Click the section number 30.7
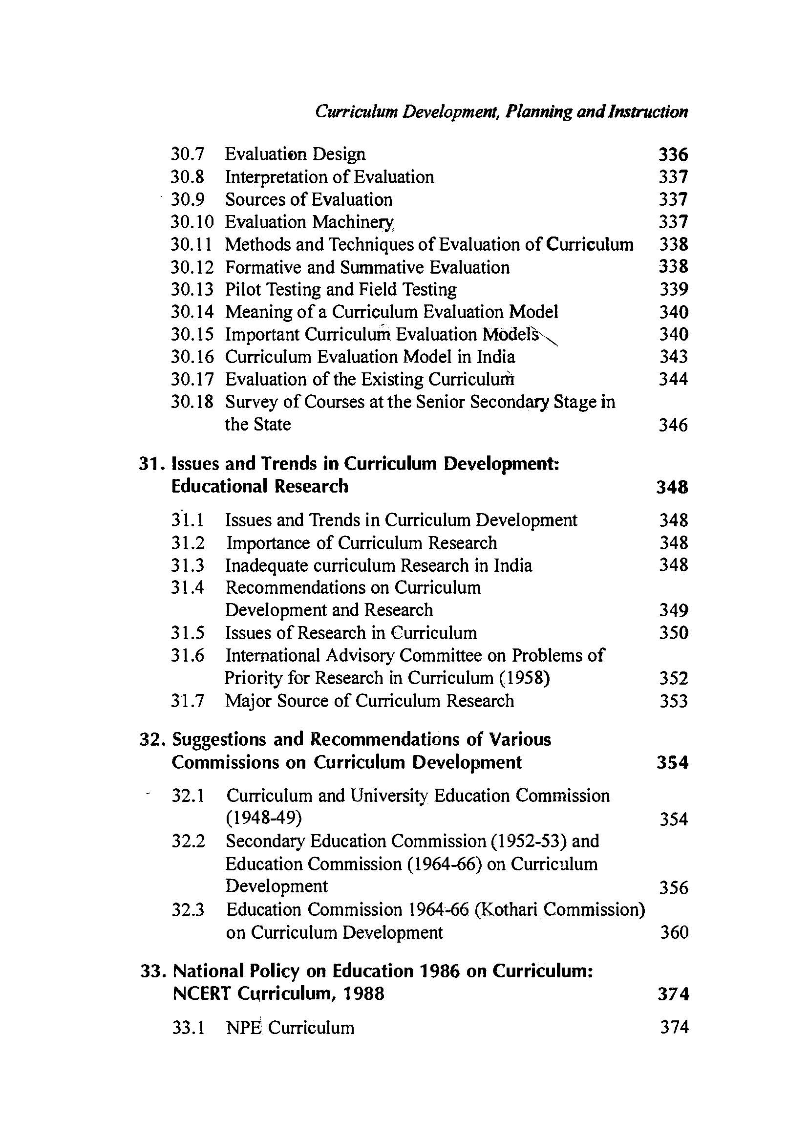pos(188,154)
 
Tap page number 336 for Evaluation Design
pos(673,155)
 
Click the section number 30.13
pos(192,289)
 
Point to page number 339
pos(674,290)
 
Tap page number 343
pos(674,357)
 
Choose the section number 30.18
pos(192,402)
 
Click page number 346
pos(673,425)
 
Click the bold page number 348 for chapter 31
pos(672,487)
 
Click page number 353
pos(674,701)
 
